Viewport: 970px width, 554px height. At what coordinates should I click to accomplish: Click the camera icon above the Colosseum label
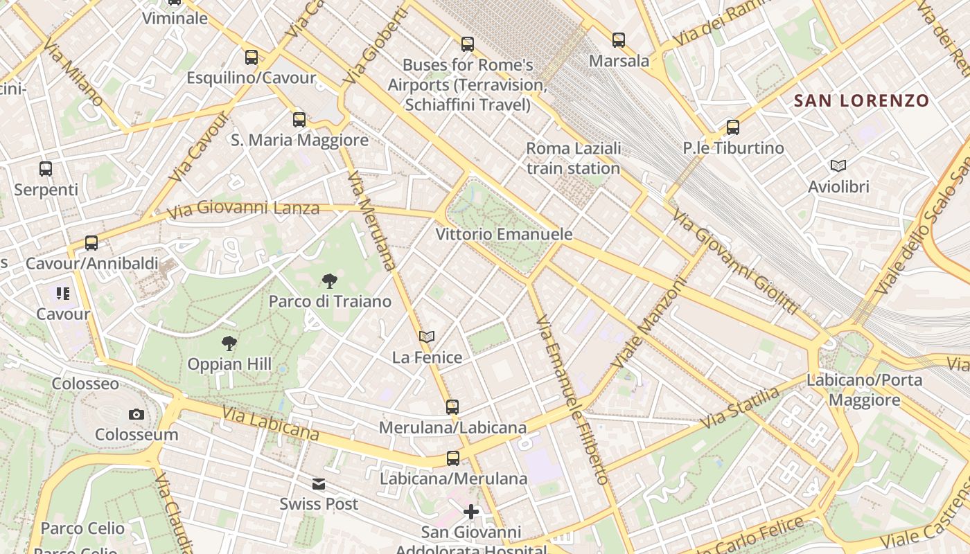tap(136, 414)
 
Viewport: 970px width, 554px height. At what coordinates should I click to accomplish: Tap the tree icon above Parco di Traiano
tap(330, 280)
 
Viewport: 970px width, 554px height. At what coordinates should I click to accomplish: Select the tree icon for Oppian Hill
tap(229, 343)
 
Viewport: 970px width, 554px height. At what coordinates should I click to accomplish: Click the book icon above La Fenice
tap(427, 337)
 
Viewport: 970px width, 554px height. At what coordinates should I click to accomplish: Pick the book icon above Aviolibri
tap(838, 166)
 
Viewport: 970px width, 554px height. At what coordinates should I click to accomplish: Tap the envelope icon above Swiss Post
tap(319, 483)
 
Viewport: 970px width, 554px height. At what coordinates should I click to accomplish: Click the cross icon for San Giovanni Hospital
tap(471, 512)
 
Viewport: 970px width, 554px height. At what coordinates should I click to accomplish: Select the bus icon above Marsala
tap(619, 40)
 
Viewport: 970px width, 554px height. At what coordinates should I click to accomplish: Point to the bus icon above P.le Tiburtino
tap(733, 127)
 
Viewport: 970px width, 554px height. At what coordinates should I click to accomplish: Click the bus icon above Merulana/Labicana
tap(452, 406)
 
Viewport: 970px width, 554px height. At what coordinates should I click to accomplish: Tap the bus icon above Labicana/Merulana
tap(453, 458)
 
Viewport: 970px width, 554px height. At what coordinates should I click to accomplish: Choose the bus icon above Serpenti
tap(46, 168)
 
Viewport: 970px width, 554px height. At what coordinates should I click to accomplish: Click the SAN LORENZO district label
tap(861, 100)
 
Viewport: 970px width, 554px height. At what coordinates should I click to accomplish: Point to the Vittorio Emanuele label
tap(504, 234)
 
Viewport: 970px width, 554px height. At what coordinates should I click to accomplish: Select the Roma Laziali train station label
tap(573, 159)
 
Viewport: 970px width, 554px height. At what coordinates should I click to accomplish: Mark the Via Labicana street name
tap(270, 422)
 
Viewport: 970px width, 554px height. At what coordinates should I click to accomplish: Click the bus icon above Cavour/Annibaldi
tap(91, 243)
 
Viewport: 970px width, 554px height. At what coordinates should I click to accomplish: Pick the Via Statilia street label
tap(740, 409)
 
